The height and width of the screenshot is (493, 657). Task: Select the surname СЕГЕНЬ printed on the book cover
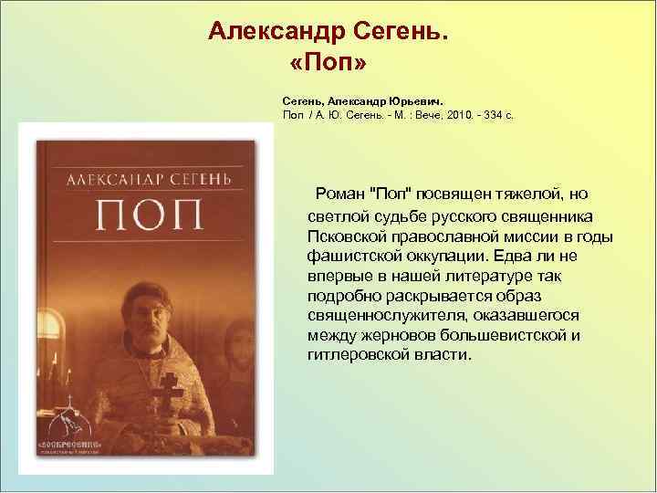tap(202, 174)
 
